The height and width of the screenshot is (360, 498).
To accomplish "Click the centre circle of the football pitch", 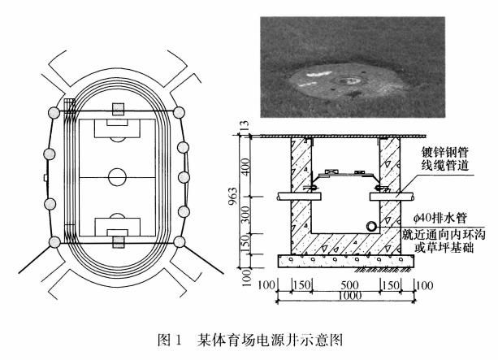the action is tap(117, 168).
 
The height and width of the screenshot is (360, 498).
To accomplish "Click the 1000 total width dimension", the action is tap(349, 296).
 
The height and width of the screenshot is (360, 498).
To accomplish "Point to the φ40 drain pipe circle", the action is tap(371, 227).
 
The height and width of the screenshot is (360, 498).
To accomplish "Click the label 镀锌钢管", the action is tap(444, 152).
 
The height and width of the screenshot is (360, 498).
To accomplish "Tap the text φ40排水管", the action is tap(440, 219).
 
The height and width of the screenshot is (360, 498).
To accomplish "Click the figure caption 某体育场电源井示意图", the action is tap(270, 340).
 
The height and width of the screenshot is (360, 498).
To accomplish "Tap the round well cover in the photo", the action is tap(348, 82).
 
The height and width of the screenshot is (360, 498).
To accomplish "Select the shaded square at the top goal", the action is tap(118, 110).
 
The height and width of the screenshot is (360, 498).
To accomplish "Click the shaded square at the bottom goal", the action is tap(118, 242).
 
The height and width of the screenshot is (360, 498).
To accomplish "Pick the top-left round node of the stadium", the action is tap(54, 113).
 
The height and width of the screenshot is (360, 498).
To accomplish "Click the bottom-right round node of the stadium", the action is tap(179, 242).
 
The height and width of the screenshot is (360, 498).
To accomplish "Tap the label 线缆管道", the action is tap(444, 165).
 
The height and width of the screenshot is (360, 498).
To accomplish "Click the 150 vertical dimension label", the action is tap(245, 243).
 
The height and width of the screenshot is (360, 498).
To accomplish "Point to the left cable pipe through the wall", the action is tap(299, 197).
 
